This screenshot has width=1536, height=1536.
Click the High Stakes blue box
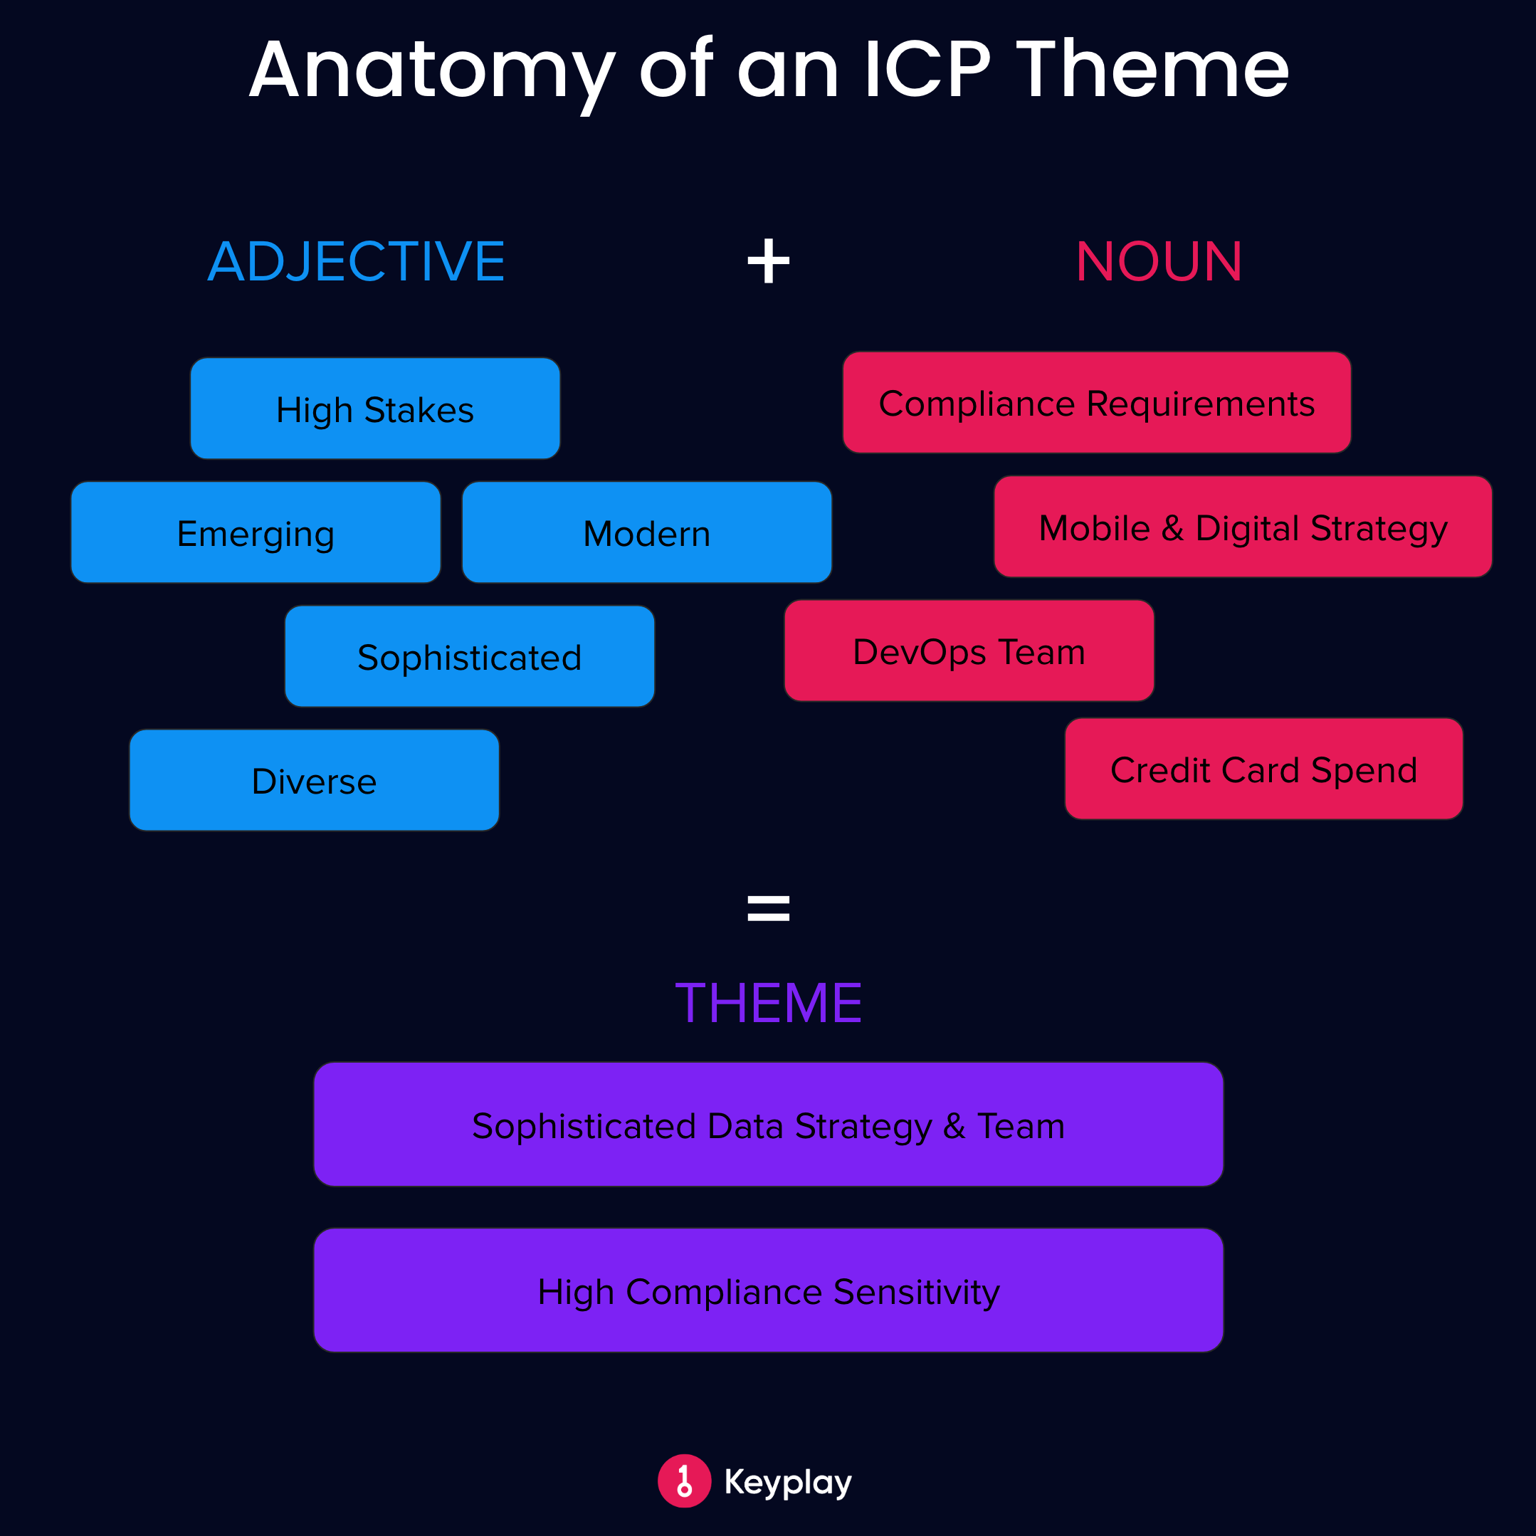click(x=374, y=409)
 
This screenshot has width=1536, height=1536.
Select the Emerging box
click(x=256, y=532)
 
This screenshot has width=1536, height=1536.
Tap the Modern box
click(x=646, y=532)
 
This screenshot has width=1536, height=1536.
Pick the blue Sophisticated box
click(x=469, y=657)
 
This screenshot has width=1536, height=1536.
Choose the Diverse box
click(x=314, y=781)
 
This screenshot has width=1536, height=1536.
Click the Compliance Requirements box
click(x=1096, y=402)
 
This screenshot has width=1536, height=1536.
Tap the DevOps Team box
click(x=968, y=651)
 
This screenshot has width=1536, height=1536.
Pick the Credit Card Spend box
click(x=1263, y=769)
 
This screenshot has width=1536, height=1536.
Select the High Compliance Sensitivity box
click(x=768, y=1290)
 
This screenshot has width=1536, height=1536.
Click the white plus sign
click(x=768, y=261)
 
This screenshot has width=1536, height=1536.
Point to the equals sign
click(x=768, y=908)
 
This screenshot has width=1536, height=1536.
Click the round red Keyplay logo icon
click(x=684, y=1480)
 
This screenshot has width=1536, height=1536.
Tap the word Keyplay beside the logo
click(x=787, y=1482)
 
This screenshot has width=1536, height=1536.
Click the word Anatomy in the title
click(x=432, y=72)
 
